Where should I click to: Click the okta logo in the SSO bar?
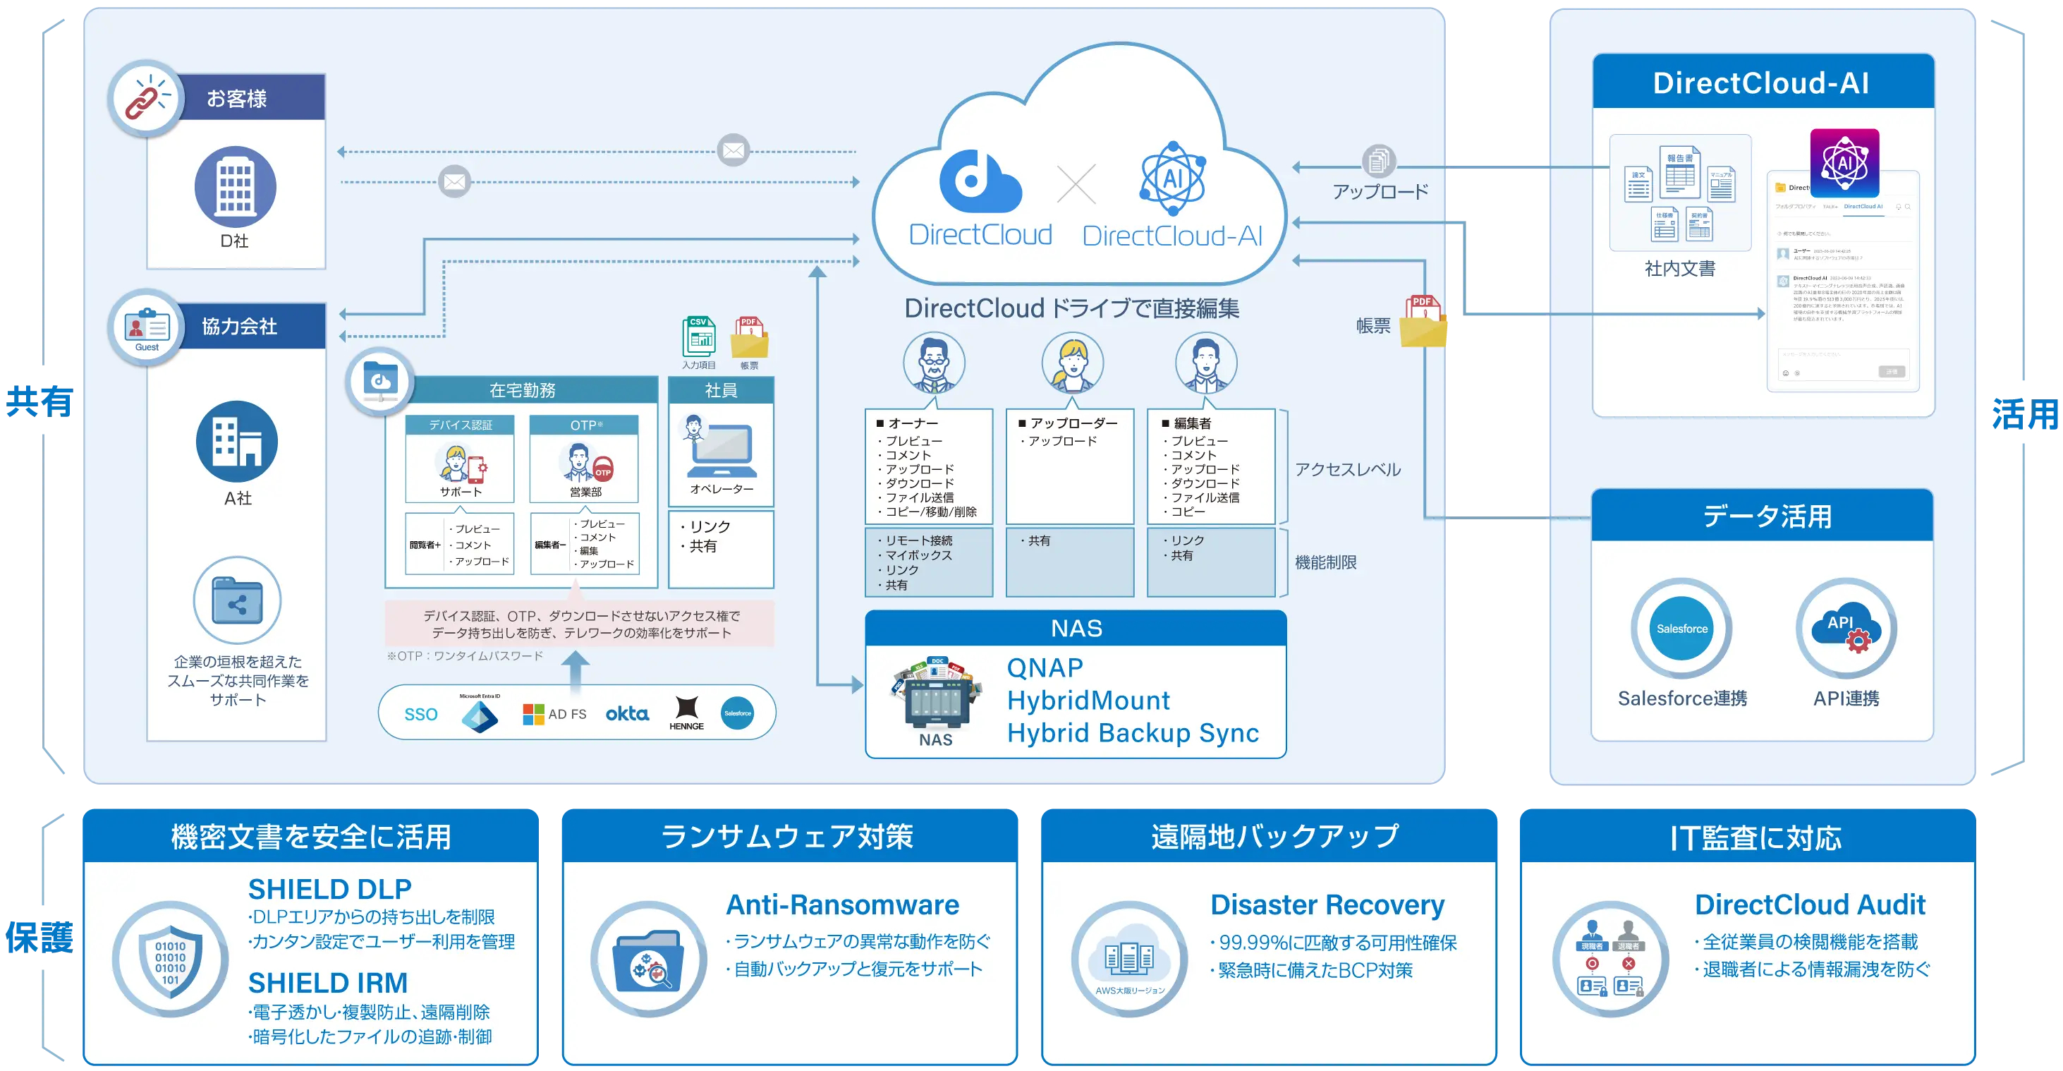[627, 713]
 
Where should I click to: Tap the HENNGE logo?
[686, 712]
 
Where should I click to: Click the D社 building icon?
[236, 187]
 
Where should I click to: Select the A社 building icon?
[237, 442]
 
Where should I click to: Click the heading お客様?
[236, 99]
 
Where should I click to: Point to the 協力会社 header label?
[240, 326]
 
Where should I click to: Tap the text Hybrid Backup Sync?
[1133, 733]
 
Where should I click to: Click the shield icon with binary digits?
[171, 959]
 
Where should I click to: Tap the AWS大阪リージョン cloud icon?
[1129, 959]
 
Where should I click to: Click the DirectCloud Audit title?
[1809, 904]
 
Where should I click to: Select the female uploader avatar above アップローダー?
[1072, 362]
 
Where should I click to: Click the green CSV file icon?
[698, 337]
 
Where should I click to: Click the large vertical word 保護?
[39, 936]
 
